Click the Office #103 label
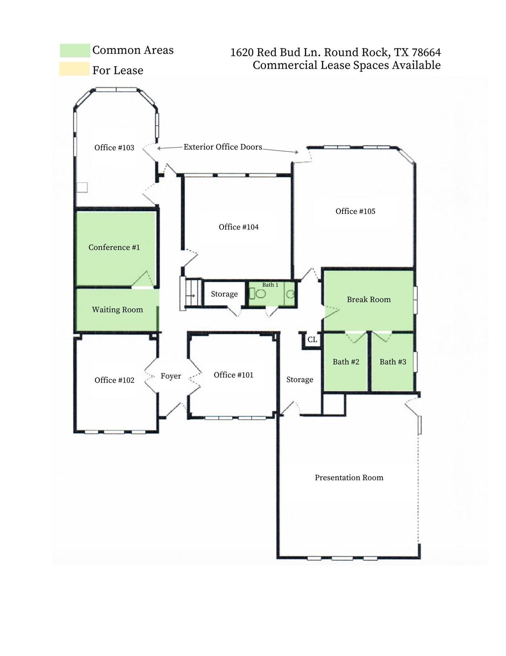click(114, 148)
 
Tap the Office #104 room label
click(238, 227)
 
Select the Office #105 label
click(355, 211)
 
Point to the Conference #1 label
click(114, 248)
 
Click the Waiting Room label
click(117, 310)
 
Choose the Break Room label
click(369, 300)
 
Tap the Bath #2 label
click(346, 362)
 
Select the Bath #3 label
click(393, 362)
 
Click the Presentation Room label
click(349, 478)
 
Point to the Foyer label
click(171, 376)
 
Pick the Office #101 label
click(233, 375)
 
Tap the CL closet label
click(312, 340)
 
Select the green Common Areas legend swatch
click(75, 50)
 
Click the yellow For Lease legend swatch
click(75, 69)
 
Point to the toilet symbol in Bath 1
click(260, 293)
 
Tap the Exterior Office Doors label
click(223, 147)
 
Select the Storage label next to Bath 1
click(224, 294)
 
